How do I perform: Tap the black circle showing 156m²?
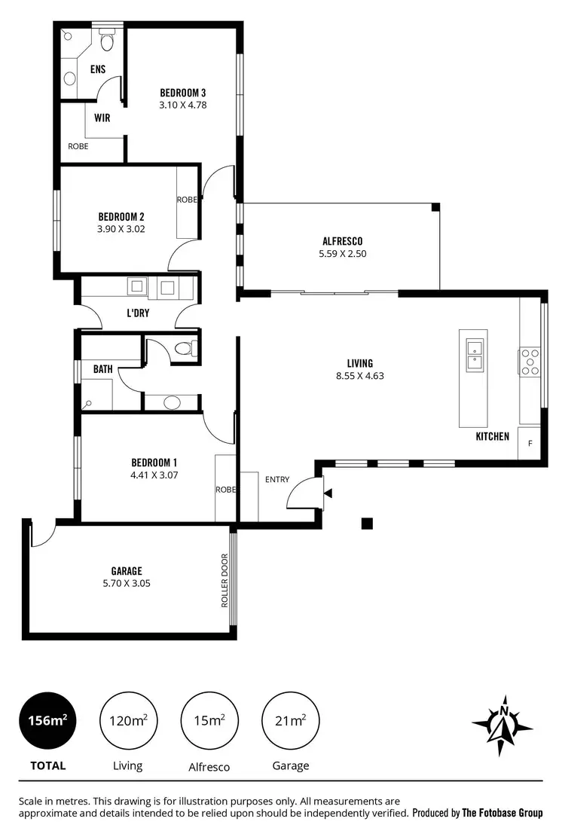pyautogui.click(x=48, y=720)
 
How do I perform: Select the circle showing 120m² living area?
pyautogui.click(x=128, y=720)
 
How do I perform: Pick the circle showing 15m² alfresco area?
pyautogui.click(x=209, y=720)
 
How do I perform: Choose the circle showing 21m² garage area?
pyautogui.click(x=290, y=720)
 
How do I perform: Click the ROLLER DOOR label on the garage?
pyautogui.click(x=224, y=581)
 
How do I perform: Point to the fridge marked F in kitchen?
pyautogui.click(x=530, y=443)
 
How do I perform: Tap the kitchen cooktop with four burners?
pyautogui.click(x=530, y=361)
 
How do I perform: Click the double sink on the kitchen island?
pyautogui.click(x=475, y=356)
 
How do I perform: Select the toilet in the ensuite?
pyautogui.click(x=106, y=41)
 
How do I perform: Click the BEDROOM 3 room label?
pyautogui.click(x=182, y=93)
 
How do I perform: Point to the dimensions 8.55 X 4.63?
pyautogui.click(x=360, y=375)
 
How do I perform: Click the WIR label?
pyautogui.click(x=102, y=118)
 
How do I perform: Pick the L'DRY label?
pyautogui.click(x=137, y=313)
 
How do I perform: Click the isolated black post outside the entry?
pyautogui.click(x=368, y=524)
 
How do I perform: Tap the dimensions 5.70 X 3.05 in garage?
pyautogui.click(x=127, y=583)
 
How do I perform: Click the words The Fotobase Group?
pyautogui.click(x=502, y=813)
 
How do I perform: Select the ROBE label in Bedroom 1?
pyautogui.click(x=225, y=490)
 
